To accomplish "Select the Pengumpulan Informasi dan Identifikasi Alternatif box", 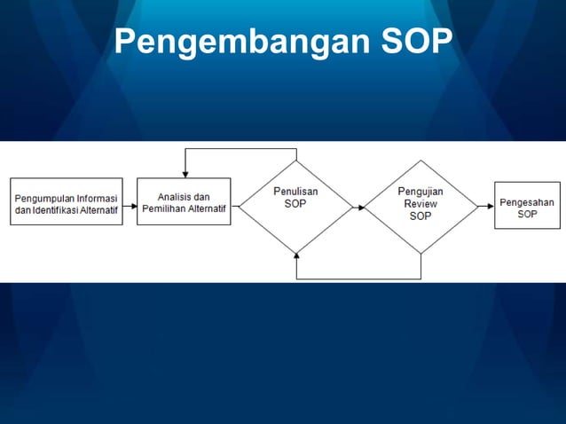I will coord(67,201).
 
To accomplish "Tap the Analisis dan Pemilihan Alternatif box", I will coord(184,201).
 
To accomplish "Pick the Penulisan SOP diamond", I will coord(295,206).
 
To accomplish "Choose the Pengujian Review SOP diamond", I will coord(421,206).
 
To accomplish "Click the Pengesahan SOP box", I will coord(527,206).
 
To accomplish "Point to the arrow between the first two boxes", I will coord(130,202).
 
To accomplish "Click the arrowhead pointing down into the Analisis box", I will coord(184,174).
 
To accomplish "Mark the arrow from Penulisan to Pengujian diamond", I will coord(358,207).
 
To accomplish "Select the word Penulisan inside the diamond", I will coord(295,191).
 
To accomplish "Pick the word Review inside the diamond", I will coord(421,203).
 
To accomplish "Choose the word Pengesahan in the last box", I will coord(527,202).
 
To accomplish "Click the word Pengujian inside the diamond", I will coord(421,191).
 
